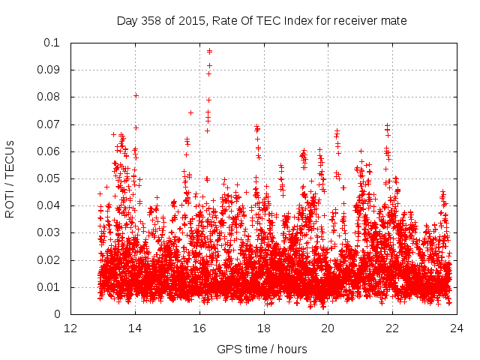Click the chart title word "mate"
point(394,21)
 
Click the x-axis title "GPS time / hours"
point(262,349)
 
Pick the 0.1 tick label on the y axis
point(52,43)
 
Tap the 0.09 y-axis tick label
point(49,70)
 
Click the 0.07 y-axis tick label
point(49,124)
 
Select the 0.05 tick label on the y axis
point(49,178)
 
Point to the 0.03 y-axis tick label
point(49,233)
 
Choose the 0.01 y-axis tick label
point(49,287)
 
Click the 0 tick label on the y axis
point(58,314)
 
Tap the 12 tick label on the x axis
point(70,328)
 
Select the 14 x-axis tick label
point(135,328)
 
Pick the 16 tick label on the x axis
point(199,328)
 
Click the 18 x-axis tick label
point(263,328)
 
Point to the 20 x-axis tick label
point(328,328)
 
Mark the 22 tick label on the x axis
point(392,328)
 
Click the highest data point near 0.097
point(209,51)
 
